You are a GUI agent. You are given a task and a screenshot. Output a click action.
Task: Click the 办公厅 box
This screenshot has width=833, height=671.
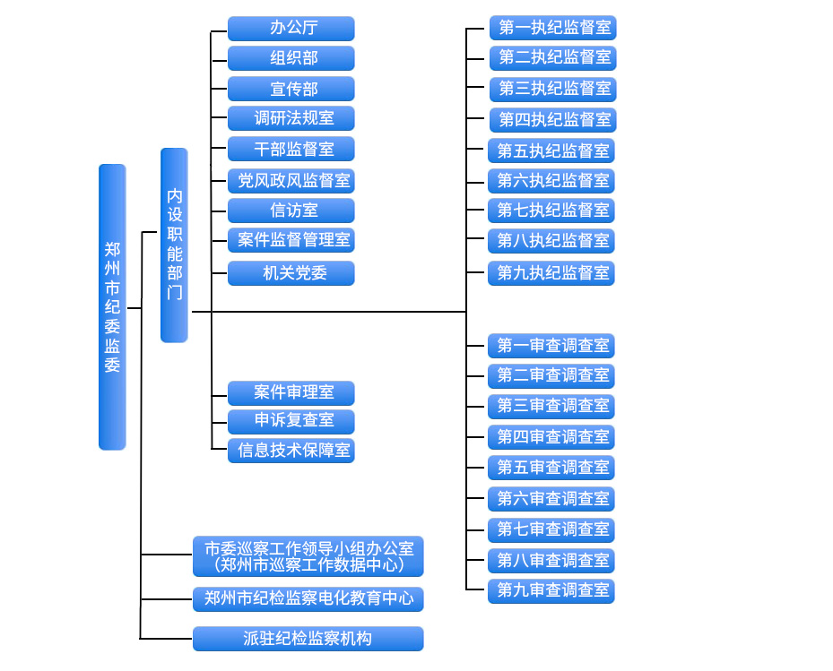(291, 29)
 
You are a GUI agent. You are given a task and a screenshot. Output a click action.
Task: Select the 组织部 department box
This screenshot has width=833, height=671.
(291, 59)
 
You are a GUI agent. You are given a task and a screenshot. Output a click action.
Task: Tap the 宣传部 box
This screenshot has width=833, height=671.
(291, 89)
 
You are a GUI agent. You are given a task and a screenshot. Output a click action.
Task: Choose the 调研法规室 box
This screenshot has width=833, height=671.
(291, 118)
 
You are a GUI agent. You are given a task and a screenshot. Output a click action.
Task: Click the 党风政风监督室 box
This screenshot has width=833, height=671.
(291, 180)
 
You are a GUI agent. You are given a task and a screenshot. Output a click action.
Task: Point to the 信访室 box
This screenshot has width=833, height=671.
(291, 211)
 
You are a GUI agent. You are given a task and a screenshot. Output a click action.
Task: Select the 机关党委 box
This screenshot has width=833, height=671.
(291, 273)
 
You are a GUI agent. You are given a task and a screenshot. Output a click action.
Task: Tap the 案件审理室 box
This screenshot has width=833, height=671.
(291, 392)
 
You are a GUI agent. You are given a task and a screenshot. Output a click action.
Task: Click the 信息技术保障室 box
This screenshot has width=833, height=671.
(291, 450)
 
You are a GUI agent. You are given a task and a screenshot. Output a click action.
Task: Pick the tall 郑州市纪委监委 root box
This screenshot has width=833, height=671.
(112, 306)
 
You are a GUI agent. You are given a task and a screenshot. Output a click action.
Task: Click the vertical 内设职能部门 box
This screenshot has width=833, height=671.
(174, 245)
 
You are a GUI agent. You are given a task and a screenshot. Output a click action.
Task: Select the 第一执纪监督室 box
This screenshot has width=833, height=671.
(553, 28)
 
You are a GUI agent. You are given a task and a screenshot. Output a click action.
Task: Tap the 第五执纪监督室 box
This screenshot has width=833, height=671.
(551, 151)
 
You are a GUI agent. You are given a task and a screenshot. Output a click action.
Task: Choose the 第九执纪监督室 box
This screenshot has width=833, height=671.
(551, 272)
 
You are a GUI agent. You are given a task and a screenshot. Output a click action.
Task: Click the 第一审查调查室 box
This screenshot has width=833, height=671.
(551, 346)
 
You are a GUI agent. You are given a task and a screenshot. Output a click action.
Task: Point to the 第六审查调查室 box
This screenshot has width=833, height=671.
(551, 498)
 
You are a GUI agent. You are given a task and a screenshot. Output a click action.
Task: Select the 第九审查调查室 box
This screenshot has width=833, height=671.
(551, 590)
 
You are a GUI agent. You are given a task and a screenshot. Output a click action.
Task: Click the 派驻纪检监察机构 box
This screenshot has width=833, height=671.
(308, 639)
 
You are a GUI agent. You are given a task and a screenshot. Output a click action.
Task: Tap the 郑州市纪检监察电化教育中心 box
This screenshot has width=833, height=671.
(308, 598)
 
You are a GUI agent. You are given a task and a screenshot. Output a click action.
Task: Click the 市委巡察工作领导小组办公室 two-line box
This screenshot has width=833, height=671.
(308, 556)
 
